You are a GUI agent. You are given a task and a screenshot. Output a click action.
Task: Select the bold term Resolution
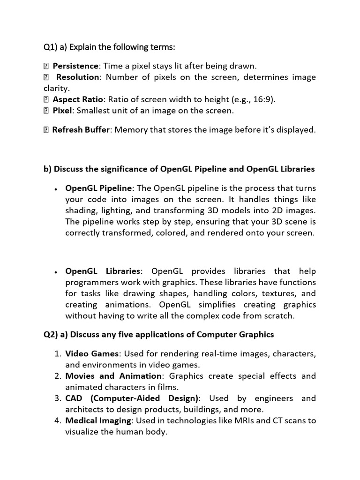(x=77, y=77)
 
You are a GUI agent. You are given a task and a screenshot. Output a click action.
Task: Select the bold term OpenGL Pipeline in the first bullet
(x=98, y=188)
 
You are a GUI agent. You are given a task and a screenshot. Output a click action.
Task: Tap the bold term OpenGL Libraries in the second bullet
(x=103, y=271)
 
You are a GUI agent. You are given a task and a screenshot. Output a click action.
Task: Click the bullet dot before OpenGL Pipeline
(x=56, y=189)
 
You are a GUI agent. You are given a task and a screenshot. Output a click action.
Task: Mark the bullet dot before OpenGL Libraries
(x=56, y=272)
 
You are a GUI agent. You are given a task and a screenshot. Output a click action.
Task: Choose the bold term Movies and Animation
(x=113, y=375)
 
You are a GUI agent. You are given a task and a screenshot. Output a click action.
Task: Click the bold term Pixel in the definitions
(x=62, y=111)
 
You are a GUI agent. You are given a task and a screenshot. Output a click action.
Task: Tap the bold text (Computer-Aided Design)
(x=145, y=398)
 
